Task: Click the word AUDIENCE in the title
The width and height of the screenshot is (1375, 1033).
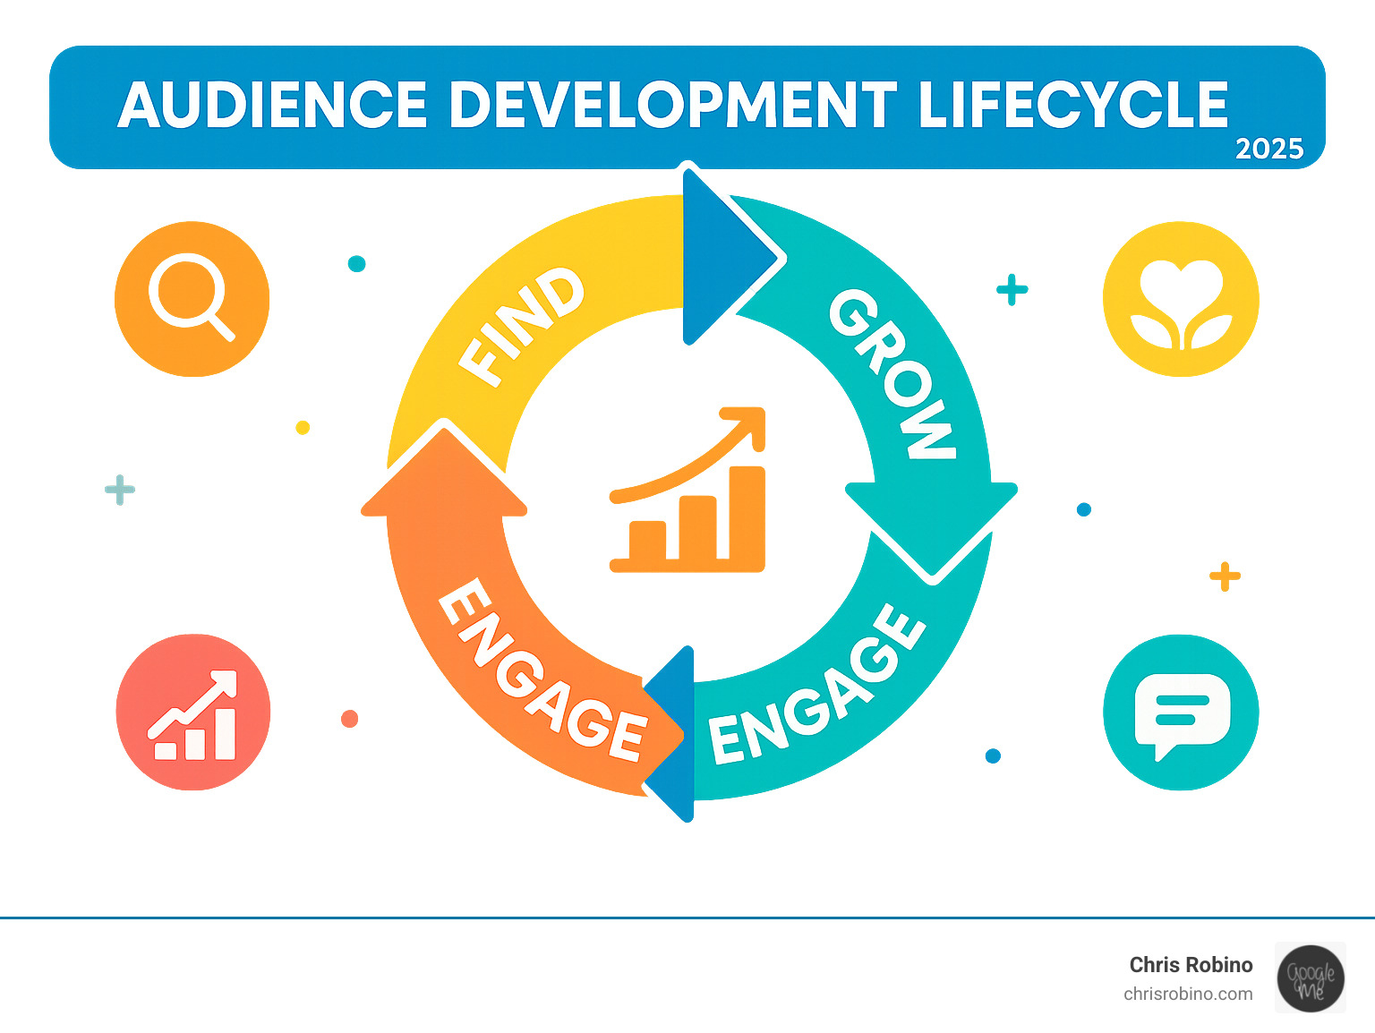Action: tap(273, 106)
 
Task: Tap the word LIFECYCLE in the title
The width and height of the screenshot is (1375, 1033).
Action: tap(1072, 106)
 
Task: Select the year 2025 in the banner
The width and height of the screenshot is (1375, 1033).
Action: tap(1269, 149)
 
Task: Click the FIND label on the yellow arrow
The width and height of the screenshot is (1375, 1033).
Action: tap(522, 326)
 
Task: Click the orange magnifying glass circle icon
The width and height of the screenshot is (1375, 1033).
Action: tap(192, 298)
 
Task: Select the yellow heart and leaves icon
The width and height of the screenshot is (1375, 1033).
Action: tap(1181, 298)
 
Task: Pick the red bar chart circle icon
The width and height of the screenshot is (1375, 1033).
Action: tap(193, 713)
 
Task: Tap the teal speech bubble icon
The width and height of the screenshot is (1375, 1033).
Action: tap(1181, 713)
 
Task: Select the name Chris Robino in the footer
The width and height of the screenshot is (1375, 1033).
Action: tap(1191, 965)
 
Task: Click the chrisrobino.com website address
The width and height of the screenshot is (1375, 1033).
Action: tap(1188, 994)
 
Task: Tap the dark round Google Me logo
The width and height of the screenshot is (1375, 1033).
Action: tap(1311, 978)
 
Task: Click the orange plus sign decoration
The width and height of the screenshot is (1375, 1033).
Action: tap(1225, 576)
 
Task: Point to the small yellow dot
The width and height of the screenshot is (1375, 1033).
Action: tap(303, 427)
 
